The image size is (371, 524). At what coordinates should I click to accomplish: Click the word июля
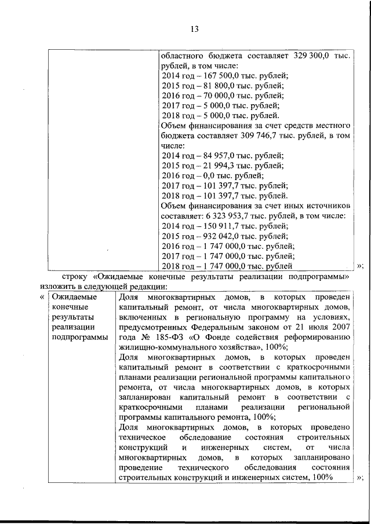(313, 327)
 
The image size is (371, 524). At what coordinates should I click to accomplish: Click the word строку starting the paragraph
(74, 276)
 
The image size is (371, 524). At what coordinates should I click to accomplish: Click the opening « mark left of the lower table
(42, 297)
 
